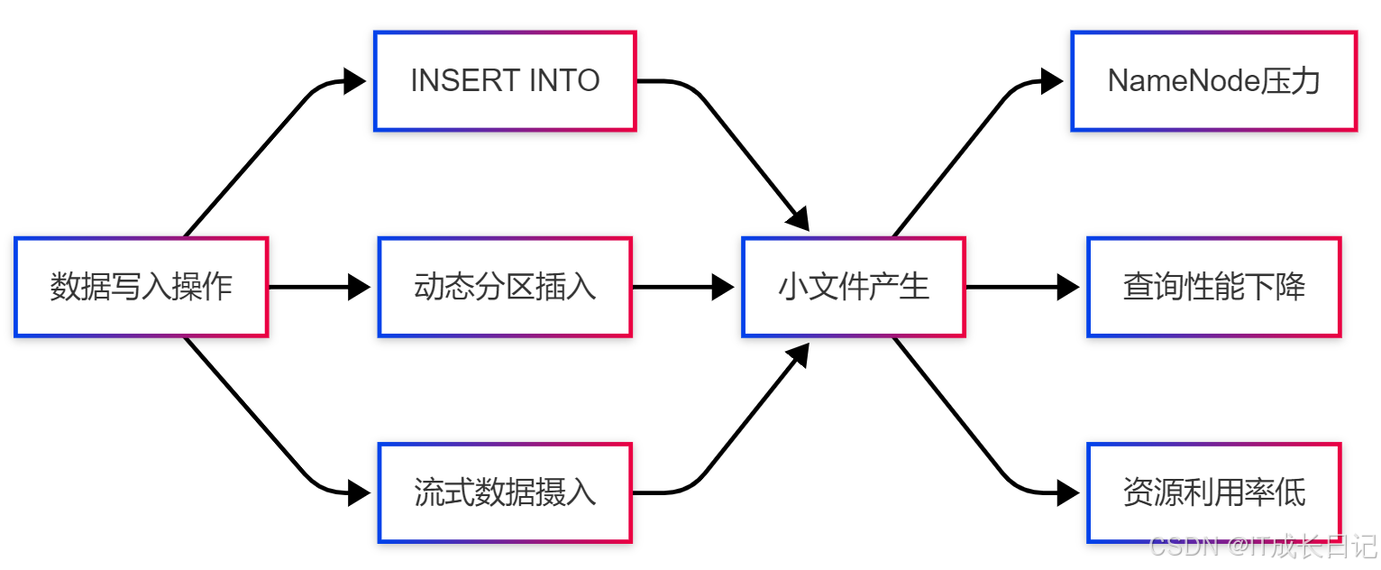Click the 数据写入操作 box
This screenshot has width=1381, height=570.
tap(142, 287)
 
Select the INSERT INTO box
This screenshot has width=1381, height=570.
tap(505, 81)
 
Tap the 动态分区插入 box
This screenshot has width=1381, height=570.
tap(505, 287)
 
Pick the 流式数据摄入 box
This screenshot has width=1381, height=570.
tap(505, 492)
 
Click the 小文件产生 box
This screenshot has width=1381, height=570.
tap(853, 287)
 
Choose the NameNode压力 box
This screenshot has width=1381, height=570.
tap(1213, 81)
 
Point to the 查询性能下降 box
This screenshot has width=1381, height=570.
tap(1213, 287)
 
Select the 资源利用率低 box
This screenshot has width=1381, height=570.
tap(1213, 492)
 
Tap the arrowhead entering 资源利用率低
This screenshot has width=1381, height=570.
tap(1069, 492)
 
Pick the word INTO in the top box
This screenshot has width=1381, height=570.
tap(563, 81)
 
